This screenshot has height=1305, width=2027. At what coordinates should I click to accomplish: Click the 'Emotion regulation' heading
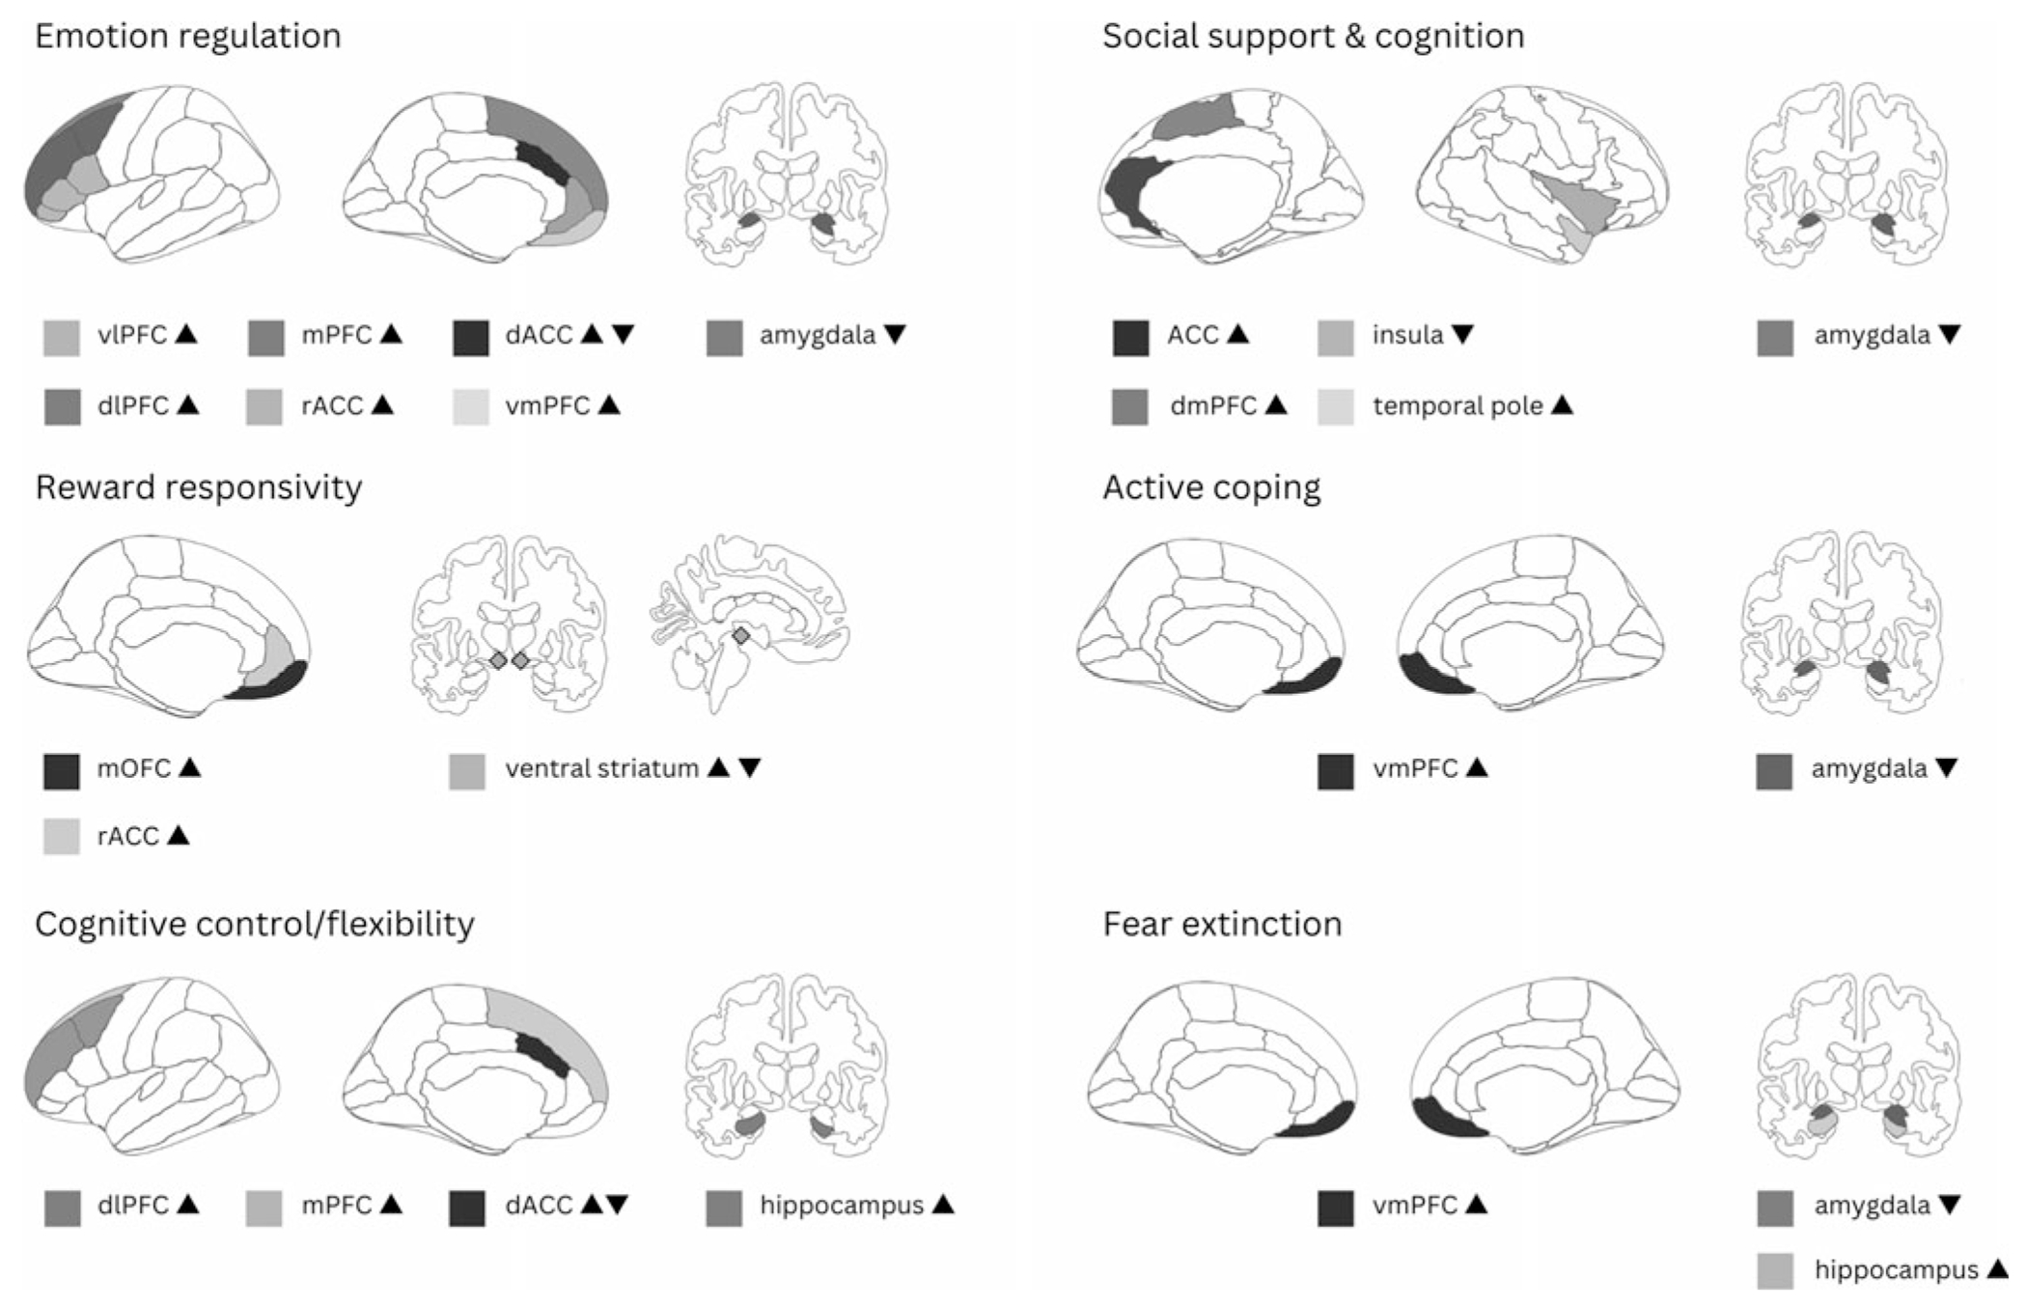point(188,37)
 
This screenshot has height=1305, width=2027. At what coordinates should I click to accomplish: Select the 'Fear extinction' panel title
point(1222,925)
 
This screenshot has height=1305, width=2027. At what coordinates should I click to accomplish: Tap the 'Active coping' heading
point(1211,487)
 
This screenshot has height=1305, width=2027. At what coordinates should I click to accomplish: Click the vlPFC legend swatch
point(62,337)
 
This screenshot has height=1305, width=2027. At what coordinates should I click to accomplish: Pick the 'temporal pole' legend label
point(1458,406)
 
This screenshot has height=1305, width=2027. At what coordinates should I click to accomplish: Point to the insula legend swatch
point(1336,337)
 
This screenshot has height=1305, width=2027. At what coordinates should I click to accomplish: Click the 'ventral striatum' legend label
point(601,769)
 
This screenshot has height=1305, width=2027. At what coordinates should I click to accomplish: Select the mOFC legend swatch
point(62,770)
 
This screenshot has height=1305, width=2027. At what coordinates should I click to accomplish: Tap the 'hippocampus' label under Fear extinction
point(1896,1270)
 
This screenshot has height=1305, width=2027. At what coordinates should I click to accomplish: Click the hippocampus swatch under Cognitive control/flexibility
point(724,1207)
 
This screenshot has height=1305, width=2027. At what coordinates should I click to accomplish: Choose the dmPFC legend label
point(1213,406)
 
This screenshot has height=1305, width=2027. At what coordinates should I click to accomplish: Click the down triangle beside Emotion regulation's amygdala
point(895,335)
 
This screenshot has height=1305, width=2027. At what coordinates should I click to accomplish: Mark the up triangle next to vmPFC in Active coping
point(1477,768)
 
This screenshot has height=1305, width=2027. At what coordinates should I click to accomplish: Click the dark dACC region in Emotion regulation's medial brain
point(542,163)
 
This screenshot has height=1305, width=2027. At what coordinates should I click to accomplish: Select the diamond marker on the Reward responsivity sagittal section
point(740,636)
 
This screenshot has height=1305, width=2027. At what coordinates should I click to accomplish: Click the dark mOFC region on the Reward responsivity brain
point(275,683)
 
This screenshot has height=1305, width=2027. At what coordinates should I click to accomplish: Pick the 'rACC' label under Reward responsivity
point(127,837)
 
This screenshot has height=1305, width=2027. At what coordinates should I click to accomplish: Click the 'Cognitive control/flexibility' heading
point(255,925)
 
